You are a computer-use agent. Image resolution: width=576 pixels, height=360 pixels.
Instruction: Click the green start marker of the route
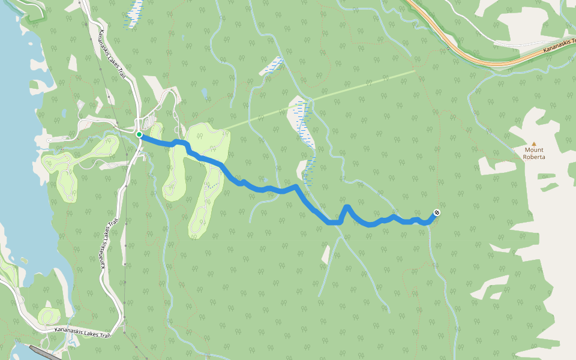pos(139,134)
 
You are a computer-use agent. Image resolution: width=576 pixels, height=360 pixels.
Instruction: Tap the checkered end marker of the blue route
pos(436,212)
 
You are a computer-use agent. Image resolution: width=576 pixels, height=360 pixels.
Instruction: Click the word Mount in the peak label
pos(533,150)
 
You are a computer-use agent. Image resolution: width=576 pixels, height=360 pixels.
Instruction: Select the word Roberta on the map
pos(533,157)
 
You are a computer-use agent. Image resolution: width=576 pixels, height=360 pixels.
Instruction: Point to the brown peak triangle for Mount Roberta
pos(533,144)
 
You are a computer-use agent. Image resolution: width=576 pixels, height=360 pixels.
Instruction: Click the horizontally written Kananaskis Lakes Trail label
pos(82,330)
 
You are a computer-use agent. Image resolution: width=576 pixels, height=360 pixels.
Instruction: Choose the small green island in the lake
pos(24,260)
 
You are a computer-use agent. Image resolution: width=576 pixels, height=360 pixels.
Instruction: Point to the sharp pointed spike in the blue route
pos(347,207)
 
